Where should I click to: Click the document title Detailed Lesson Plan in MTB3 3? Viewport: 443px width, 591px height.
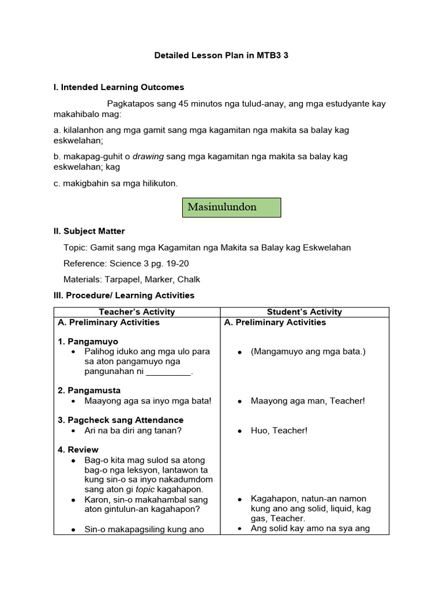pos(221,56)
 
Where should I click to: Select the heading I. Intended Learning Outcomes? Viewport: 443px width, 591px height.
pos(119,87)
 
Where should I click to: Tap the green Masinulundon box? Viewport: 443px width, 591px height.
pos(231,207)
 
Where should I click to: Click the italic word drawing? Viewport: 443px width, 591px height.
pos(148,156)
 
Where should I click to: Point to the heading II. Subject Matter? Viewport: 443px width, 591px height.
pos(89,231)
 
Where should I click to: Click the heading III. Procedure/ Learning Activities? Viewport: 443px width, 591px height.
pos(124,295)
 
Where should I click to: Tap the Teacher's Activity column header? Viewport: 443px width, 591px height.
pos(137,312)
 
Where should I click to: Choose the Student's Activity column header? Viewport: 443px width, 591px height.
pos(305,312)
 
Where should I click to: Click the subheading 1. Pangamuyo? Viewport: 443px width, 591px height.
pos(88,342)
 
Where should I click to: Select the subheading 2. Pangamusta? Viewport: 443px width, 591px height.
pos(89,391)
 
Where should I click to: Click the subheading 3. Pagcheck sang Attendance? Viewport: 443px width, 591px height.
pos(121,420)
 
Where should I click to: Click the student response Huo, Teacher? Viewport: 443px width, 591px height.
pos(279,431)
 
